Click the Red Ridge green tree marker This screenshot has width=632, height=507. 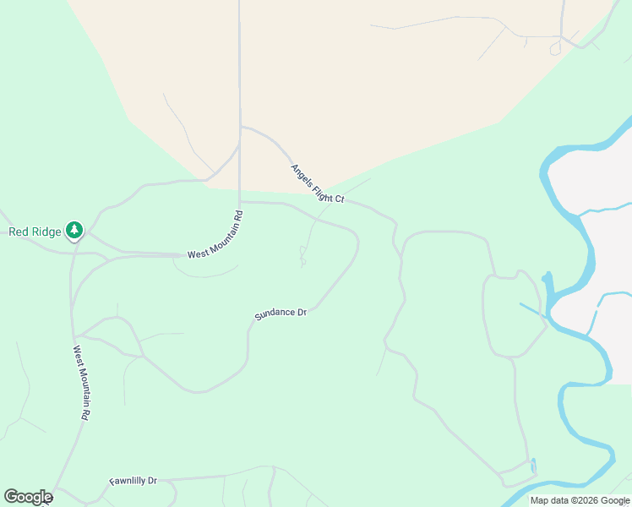click(75, 230)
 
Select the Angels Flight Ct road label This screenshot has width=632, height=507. click(318, 183)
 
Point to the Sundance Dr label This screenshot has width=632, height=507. click(281, 314)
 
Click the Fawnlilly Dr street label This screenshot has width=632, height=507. click(133, 482)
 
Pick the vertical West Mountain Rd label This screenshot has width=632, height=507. click(81, 383)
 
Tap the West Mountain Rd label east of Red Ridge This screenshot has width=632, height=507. click(215, 239)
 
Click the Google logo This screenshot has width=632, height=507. click(28, 497)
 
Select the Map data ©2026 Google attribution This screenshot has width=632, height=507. click(580, 500)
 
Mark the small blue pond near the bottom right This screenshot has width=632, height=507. click(532, 466)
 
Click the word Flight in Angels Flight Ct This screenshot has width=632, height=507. click(323, 188)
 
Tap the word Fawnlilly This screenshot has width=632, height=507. click(127, 482)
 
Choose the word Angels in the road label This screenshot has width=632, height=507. click(301, 173)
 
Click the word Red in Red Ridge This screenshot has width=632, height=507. click(19, 232)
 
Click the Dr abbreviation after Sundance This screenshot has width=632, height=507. click(301, 312)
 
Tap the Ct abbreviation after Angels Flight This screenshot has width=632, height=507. click(339, 199)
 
